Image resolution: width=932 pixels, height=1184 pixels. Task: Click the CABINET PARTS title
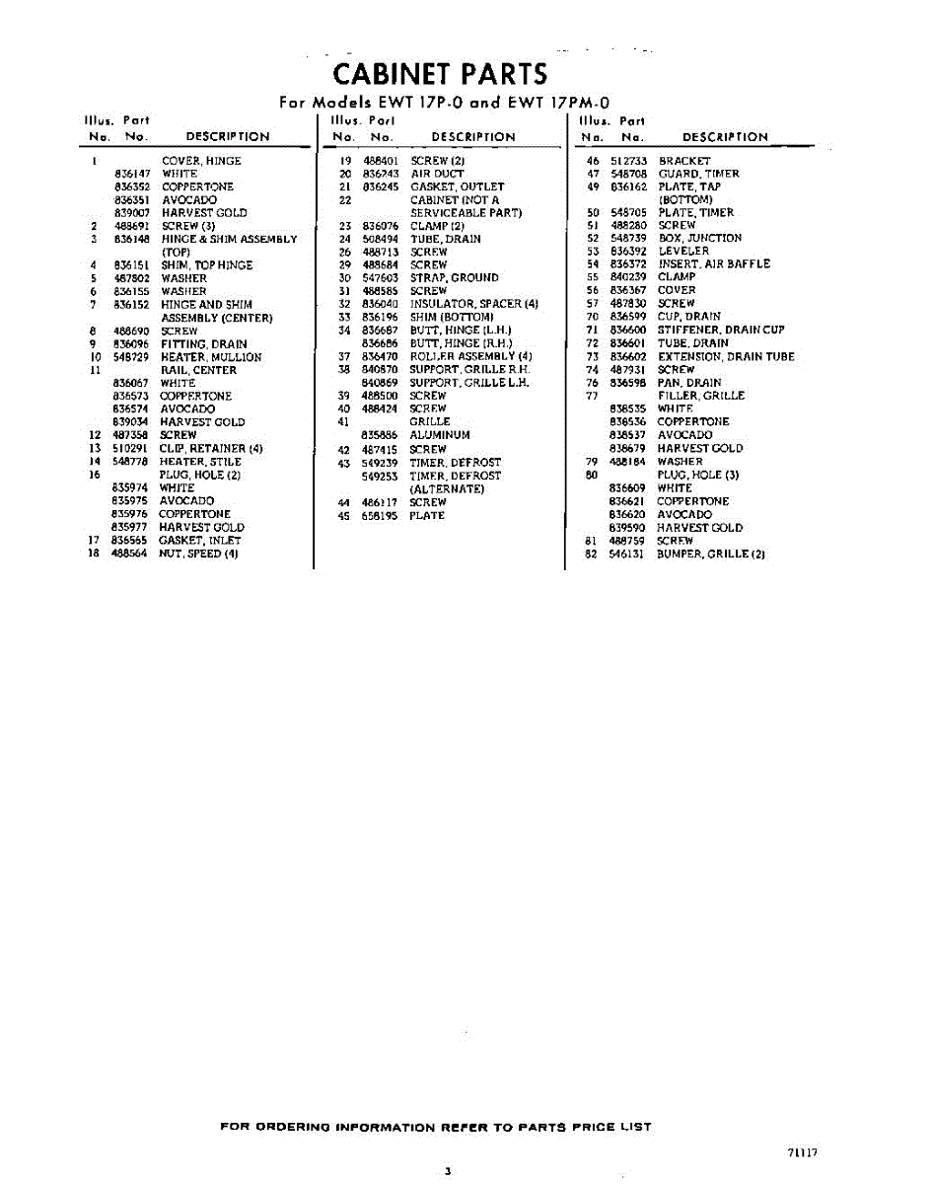440,74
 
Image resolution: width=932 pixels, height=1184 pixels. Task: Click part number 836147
131,174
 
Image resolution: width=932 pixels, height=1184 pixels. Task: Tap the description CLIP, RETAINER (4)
211,448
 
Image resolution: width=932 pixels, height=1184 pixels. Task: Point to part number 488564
130,554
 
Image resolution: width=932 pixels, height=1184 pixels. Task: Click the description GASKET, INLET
200,541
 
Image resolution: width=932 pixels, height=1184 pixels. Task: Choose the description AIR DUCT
437,174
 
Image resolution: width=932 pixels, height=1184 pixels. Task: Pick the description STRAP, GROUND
455,278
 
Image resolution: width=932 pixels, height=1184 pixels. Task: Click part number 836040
380,304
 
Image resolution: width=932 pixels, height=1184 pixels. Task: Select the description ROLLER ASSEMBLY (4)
471,356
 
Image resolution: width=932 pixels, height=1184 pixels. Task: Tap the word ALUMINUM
440,435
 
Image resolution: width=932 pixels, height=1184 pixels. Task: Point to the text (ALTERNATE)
447,488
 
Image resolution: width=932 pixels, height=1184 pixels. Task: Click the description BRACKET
684,161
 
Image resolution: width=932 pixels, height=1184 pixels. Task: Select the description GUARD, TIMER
698,174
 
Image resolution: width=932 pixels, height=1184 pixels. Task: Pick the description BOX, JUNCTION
700,239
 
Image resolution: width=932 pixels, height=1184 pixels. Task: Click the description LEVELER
683,252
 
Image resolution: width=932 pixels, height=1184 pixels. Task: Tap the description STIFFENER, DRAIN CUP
721,330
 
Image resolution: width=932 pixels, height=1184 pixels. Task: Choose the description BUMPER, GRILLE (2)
711,555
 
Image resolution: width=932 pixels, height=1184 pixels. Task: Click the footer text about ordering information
435,1127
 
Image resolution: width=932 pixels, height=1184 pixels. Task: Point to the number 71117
803,1151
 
